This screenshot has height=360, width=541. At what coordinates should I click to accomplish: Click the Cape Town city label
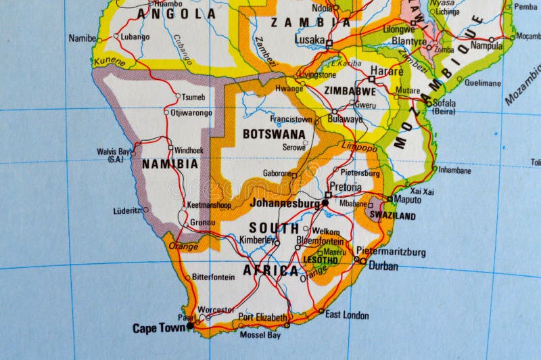point(158,328)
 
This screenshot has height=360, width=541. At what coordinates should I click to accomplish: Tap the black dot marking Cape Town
point(190,325)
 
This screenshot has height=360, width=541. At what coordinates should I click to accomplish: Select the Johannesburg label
point(285,202)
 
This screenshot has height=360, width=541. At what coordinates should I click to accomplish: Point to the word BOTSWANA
point(274,134)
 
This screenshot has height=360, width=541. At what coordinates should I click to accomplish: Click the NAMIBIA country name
point(170,164)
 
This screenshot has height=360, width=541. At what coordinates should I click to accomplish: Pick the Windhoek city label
point(189,150)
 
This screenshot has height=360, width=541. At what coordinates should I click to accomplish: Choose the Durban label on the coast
point(383,266)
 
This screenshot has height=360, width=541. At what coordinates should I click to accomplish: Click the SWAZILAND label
point(392,216)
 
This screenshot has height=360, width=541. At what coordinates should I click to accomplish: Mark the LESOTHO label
point(321,260)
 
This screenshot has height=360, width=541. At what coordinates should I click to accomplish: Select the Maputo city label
point(407,200)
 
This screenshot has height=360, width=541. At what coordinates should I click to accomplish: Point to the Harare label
point(387,70)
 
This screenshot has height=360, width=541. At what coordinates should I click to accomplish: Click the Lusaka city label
point(310,40)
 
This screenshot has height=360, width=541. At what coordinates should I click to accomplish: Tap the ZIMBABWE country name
point(350,91)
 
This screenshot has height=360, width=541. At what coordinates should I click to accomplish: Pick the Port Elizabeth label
point(262,317)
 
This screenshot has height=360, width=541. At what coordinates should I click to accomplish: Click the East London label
point(347,315)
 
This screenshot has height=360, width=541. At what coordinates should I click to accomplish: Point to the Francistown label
point(291,119)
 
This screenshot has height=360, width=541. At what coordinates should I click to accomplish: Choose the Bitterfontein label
point(213,277)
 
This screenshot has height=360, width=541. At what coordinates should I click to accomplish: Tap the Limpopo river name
point(359,148)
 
